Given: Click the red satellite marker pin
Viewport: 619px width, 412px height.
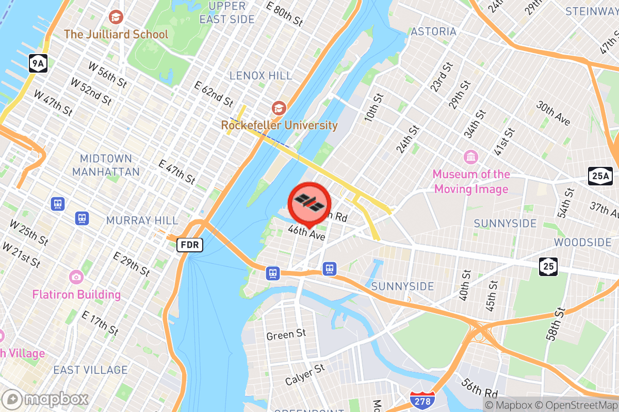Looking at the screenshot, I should tap(309, 202).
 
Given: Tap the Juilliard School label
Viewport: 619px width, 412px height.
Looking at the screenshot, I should tap(116, 35).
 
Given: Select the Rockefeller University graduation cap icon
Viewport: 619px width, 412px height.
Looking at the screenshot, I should tap(279, 108).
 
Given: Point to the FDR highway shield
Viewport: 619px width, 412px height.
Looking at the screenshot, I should tap(190, 245).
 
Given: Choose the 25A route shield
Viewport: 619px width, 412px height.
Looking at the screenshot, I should tap(600, 176).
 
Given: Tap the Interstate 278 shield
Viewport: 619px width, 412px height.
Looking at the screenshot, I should tap(422, 400).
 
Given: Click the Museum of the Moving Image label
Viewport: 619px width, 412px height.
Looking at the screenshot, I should tap(471, 181).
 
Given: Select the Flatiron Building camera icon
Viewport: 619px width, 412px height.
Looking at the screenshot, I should tap(76, 277).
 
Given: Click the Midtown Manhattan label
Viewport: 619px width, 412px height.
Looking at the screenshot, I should tap(106, 165).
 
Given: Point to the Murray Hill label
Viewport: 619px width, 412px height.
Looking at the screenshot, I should tap(142, 220).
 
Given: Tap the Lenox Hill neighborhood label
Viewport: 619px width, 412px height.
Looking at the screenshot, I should tap(261, 76).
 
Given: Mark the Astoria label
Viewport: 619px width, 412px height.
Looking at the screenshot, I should tap(433, 31).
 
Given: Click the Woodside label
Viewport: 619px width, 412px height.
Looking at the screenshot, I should tap(582, 242).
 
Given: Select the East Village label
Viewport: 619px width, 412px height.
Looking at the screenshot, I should tap(90, 370).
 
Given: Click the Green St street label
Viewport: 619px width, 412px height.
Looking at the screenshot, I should tap(286, 335).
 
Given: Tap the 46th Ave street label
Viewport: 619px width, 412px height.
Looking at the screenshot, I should tap(306, 233).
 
